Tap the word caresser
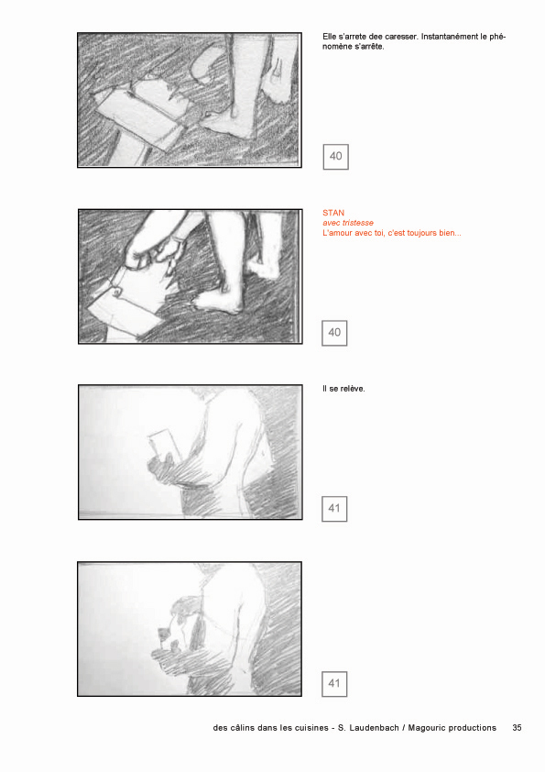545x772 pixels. pos(401,37)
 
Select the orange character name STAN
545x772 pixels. pos(333,213)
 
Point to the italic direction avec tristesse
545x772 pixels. pos(348,223)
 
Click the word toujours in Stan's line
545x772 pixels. pos(422,233)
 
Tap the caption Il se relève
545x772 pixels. pos(343,389)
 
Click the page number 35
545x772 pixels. pos(517,728)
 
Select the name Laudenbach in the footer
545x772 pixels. pos(374,728)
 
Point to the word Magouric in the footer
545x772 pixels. pos(428,728)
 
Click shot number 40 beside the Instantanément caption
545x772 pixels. pos(336,157)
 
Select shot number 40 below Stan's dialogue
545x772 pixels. pos(334,333)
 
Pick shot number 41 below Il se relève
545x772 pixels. pos(334,509)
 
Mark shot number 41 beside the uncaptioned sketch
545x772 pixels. pos(334,684)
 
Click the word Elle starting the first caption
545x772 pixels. pos(330,37)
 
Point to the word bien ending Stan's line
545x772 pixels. pos(451,233)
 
